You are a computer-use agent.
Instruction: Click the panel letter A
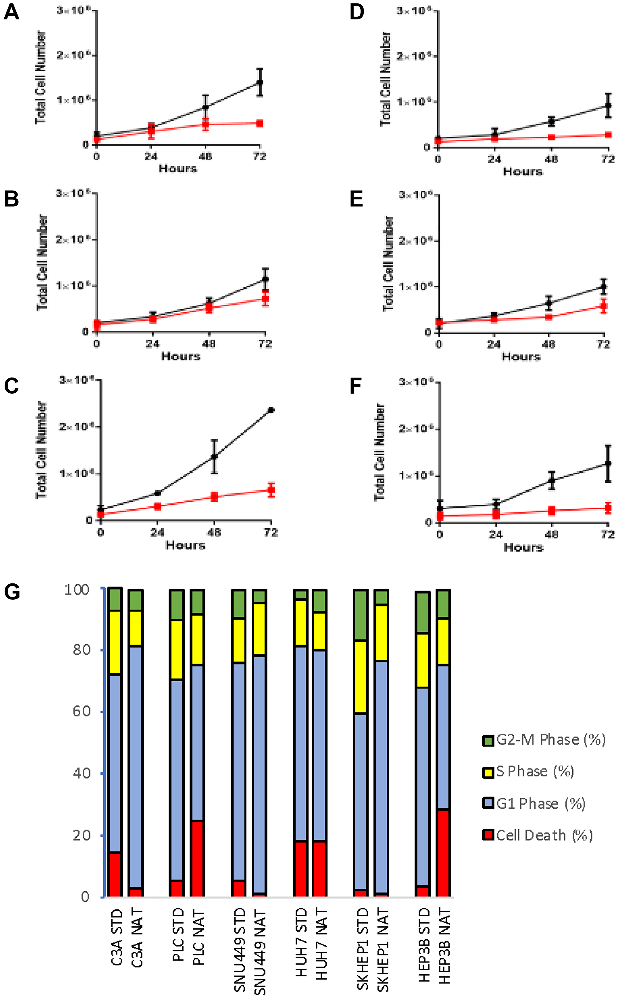[x=11, y=12]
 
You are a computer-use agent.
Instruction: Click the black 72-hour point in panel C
[x=271, y=410]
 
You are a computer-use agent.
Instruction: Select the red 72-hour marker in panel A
[x=260, y=123]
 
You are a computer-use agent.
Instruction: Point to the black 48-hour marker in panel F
[x=552, y=481]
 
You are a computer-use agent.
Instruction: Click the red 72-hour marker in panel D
[x=608, y=135]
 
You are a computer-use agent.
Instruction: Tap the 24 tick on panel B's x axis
[x=152, y=344]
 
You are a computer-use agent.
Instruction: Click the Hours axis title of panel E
[x=521, y=357]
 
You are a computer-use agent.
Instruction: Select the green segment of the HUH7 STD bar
[x=301, y=594]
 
